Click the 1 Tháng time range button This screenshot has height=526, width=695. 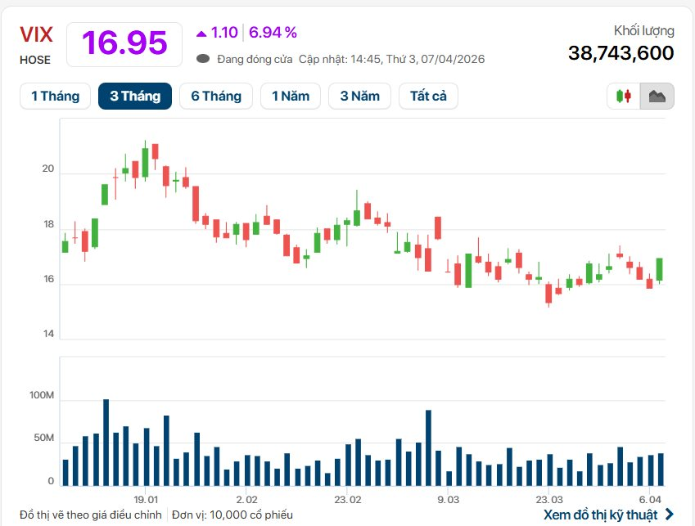click(x=55, y=96)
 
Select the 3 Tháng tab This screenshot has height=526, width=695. click(x=135, y=96)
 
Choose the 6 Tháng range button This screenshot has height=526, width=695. click(x=216, y=96)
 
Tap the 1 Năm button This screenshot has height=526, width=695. click(x=291, y=96)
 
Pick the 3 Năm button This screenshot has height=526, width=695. click(x=360, y=96)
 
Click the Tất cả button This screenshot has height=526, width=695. click(x=428, y=96)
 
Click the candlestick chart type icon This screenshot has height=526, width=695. click(x=624, y=96)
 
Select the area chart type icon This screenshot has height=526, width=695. click(x=657, y=96)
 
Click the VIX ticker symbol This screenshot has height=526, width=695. click(x=37, y=34)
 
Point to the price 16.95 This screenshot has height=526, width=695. click(x=124, y=43)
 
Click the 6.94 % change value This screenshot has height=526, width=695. click(x=273, y=33)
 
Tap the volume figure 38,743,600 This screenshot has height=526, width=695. click(x=621, y=53)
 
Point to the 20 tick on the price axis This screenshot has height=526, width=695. click(x=47, y=169)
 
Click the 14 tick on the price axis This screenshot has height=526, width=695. click(x=47, y=335)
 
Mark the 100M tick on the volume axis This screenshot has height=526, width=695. click(x=41, y=396)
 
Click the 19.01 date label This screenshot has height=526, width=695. click(x=146, y=498)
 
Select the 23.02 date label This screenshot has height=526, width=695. click(x=348, y=498)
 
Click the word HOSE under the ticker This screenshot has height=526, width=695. click(x=35, y=60)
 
